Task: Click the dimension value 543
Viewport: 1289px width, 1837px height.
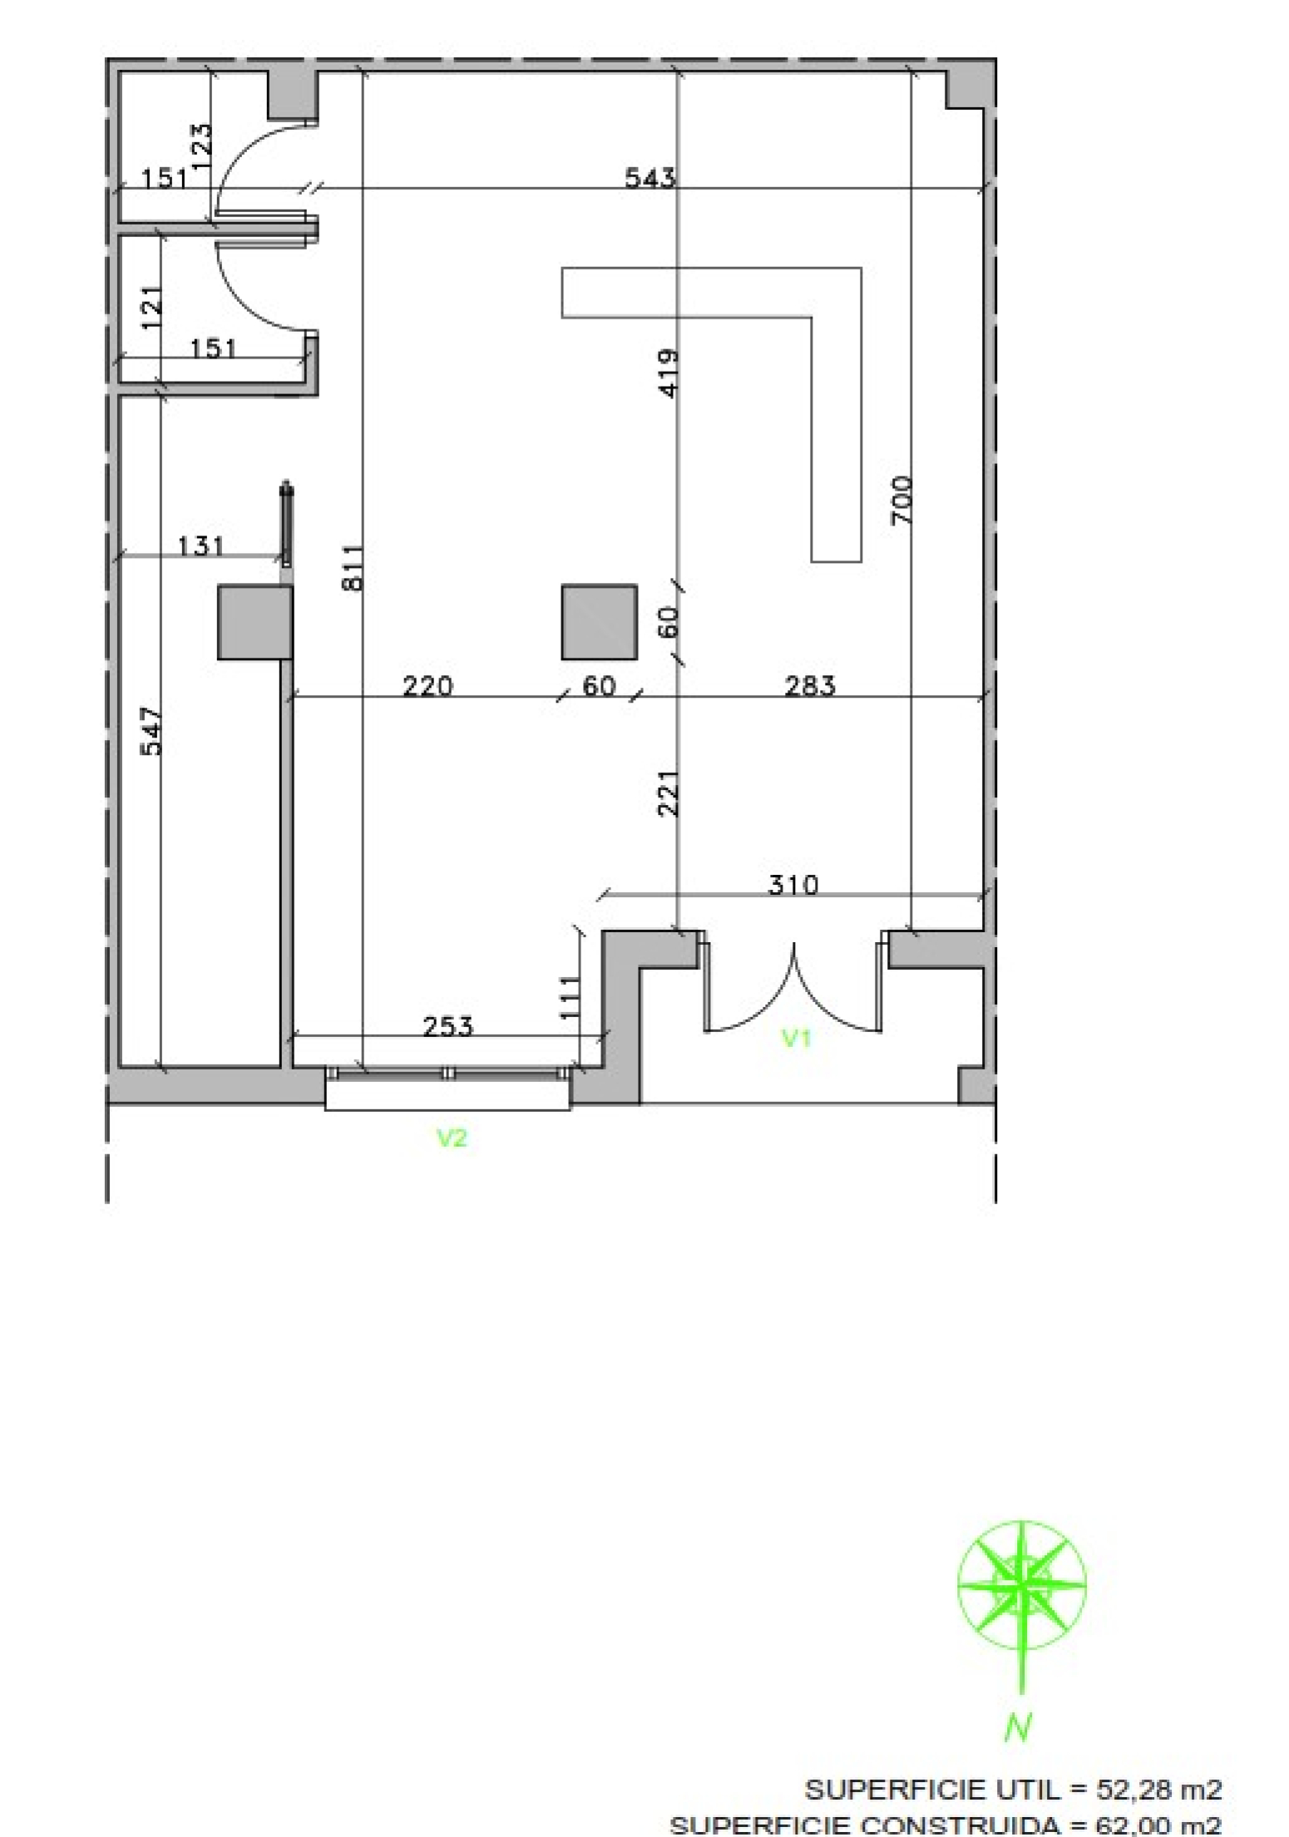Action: pos(649,177)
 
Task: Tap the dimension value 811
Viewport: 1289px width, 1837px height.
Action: pos(353,567)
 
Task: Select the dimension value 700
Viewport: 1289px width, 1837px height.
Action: pos(902,500)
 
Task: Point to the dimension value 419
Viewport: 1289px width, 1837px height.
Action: pos(669,373)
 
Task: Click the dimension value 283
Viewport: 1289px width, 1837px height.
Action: pos(809,686)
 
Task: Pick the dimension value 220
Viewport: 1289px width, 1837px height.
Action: pos(427,686)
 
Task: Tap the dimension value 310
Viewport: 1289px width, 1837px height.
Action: pos(793,885)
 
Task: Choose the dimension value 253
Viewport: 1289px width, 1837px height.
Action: pos(447,1027)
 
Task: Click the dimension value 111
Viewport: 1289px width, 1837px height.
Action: pos(570,997)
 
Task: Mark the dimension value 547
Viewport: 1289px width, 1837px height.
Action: pos(151,730)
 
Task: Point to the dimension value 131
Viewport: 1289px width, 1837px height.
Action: pos(200,546)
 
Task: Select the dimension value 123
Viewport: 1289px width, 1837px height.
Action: pos(202,146)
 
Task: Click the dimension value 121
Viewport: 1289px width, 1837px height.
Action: pos(151,307)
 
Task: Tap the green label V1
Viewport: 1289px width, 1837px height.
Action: pos(796,1038)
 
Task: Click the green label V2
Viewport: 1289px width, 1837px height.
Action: pos(452,1138)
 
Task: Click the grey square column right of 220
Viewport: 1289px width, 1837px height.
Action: pos(599,622)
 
